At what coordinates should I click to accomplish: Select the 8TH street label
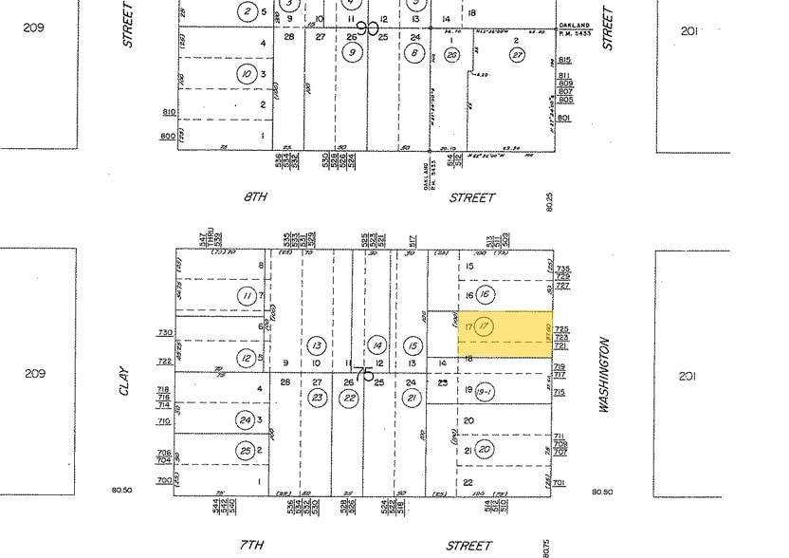click(254, 197)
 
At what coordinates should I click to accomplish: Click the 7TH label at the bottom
click(250, 546)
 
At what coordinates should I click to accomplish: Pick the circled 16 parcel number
click(485, 295)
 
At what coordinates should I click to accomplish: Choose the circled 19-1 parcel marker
click(484, 390)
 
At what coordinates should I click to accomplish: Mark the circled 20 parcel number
click(485, 449)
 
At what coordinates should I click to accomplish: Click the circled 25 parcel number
click(247, 450)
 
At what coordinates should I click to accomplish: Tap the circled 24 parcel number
click(247, 419)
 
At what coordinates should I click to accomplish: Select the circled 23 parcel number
click(318, 398)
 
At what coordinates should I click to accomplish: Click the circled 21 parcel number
click(412, 398)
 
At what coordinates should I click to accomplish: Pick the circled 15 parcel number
click(412, 345)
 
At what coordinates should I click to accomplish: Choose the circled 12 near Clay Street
click(247, 357)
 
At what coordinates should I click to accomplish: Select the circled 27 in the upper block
click(517, 55)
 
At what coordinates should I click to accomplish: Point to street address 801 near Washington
click(564, 118)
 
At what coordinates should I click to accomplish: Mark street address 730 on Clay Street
click(166, 333)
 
